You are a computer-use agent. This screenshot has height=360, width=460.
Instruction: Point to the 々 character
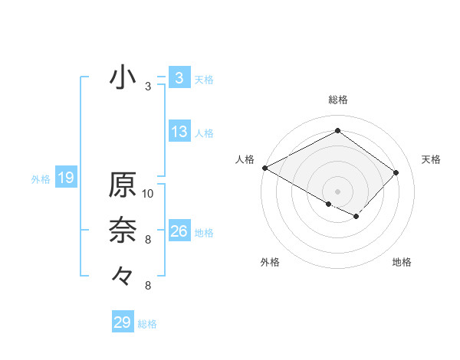[123, 274]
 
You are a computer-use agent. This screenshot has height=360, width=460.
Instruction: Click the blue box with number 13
[179, 132]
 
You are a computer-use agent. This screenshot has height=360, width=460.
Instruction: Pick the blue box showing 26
[179, 231]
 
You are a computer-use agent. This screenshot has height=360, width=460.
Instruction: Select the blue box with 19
[66, 178]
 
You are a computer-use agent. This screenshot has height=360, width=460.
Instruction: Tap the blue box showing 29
[123, 322]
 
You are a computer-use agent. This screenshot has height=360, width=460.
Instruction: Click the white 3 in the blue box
[179, 78]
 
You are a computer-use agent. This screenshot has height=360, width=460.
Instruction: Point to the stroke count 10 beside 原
[148, 194]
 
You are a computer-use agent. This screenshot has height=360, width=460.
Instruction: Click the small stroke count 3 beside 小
[148, 87]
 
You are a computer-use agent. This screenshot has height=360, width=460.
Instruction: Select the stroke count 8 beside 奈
[148, 240]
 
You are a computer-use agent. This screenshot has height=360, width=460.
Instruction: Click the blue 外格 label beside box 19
[41, 179]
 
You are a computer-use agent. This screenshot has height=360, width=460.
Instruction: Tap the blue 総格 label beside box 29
[148, 324]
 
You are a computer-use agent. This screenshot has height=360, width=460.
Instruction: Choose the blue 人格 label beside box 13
[204, 133]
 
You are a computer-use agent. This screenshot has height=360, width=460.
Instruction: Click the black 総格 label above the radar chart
[337, 100]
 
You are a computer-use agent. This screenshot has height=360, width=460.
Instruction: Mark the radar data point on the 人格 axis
[264, 167]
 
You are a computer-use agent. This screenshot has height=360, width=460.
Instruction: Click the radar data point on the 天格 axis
[396, 172]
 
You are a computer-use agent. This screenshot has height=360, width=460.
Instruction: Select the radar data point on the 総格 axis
[337, 131]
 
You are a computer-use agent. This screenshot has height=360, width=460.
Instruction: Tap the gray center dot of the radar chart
[337, 190]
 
